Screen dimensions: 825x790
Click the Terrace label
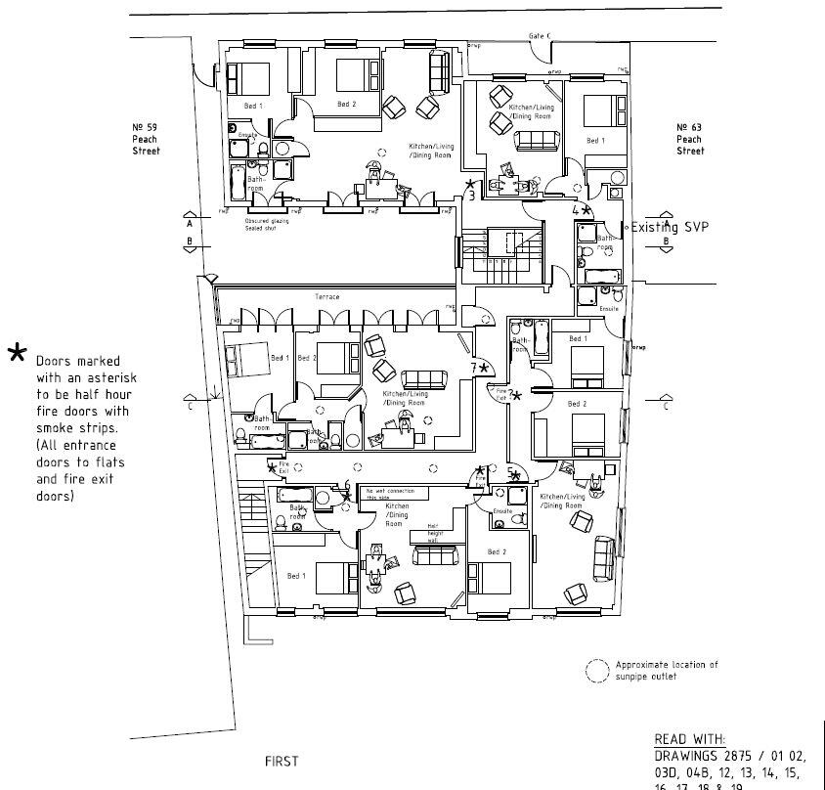(x=326, y=296)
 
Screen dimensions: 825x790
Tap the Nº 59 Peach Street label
(x=146, y=139)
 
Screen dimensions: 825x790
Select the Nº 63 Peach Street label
(x=690, y=139)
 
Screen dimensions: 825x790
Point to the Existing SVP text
(x=670, y=227)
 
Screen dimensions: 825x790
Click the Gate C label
(x=540, y=36)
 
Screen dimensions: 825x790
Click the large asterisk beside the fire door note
(x=17, y=353)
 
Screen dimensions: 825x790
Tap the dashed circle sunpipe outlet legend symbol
(x=595, y=670)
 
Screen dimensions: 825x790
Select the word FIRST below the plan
(x=282, y=761)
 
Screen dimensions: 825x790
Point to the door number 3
(x=472, y=196)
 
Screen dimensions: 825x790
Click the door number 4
(x=576, y=209)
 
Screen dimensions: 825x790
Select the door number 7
(x=474, y=368)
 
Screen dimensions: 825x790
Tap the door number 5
(x=510, y=472)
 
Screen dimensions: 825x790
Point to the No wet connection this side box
(x=390, y=494)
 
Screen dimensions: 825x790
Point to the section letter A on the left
(x=189, y=223)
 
